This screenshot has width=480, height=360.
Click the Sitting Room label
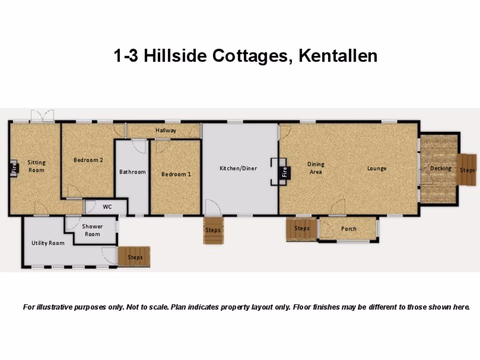click(x=36, y=166)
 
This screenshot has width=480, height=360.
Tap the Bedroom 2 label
click(x=88, y=160)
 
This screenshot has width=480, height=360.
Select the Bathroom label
click(x=132, y=172)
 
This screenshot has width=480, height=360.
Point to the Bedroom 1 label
click(x=176, y=174)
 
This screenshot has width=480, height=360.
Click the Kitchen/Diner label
click(x=238, y=168)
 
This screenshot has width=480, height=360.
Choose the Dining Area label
click(x=315, y=168)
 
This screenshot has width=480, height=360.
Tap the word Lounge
click(x=376, y=168)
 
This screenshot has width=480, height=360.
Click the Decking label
click(x=441, y=168)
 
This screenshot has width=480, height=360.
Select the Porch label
click(x=348, y=229)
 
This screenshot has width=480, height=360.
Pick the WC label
click(x=107, y=207)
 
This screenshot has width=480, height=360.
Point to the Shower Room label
click(x=92, y=230)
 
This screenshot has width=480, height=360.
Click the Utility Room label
click(x=48, y=243)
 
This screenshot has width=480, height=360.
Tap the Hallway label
click(x=166, y=130)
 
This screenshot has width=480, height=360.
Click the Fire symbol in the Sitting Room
click(x=14, y=167)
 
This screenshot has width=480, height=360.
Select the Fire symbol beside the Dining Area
click(x=284, y=172)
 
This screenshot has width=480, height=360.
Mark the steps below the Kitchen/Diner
click(x=212, y=230)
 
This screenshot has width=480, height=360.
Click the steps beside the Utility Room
click(x=135, y=257)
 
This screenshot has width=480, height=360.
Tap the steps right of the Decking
click(x=467, y=170)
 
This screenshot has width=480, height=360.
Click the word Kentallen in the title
click(x=337, y=56)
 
